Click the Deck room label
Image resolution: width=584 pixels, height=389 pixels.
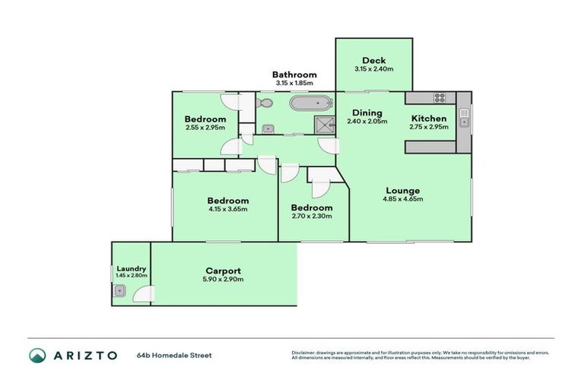click(374, 61)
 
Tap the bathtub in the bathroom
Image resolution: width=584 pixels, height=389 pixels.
click(311, 103)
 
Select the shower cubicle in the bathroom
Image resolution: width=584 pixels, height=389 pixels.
click(325, 125)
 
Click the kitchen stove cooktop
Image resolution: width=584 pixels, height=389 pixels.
click(439, 97)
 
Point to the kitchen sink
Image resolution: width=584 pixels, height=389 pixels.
click(463, 117)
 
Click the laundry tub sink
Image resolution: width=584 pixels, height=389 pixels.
click(120, 290)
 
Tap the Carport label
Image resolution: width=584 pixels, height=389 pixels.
click(224, 270)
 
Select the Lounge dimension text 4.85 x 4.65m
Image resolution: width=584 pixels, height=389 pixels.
click(402, 199)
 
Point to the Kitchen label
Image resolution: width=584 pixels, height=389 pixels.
click(429, 119)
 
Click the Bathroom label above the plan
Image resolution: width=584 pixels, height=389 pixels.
click(294, 74)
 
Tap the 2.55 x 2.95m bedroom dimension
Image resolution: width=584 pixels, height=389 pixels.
click(205, 128)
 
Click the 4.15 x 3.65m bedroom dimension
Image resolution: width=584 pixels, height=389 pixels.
click(227, 209)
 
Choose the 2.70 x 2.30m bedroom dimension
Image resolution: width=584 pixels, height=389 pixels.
click(311, 217)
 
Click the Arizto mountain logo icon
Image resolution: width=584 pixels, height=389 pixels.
click(37, 355)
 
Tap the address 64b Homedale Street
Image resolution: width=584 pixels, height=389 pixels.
click(174, 355)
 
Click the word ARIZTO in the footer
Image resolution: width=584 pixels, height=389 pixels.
click(84, 355)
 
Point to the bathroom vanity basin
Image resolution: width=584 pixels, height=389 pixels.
click(268, 128)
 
